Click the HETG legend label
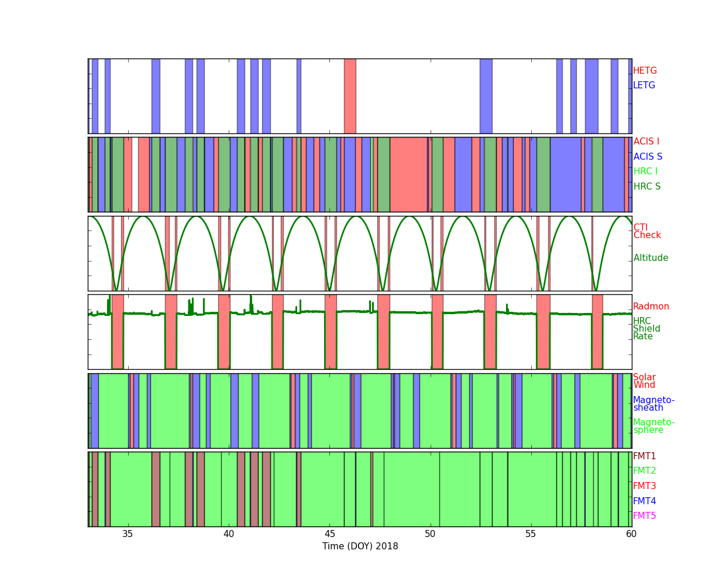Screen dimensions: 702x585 (x=645, y=71)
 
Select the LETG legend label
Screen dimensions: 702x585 (x=644, y=85)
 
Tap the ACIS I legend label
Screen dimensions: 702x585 (x=646, y=141)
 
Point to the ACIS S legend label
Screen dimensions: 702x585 (x=648, y=156)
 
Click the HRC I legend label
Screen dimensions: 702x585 (x=645, y=171)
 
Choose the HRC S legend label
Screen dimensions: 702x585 (x=647, y=186)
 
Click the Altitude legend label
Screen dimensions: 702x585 (x=651, y=258)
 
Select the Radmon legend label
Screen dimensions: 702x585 (x=651, y=307)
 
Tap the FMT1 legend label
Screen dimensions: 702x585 (x=644, y=456)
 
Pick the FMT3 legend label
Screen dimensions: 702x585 (x=644, y=486)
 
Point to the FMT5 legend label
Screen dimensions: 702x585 (x=644, y=515)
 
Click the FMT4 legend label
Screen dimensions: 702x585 (x=644, y=501)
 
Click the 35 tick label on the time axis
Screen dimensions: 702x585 (x=128, y=534)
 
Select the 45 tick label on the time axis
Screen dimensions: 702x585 (x=329, y=534)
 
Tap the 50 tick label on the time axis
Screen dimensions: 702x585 (x=430, y=534)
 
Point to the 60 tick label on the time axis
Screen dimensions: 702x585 (x=631, y=534)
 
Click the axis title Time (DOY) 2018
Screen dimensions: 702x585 (x=360, y=546)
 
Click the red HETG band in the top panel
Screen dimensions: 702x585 (x=350, y=96)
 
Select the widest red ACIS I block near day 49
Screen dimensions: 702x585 (x=408, y=174)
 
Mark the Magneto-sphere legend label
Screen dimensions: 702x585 (x=653, y=426)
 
